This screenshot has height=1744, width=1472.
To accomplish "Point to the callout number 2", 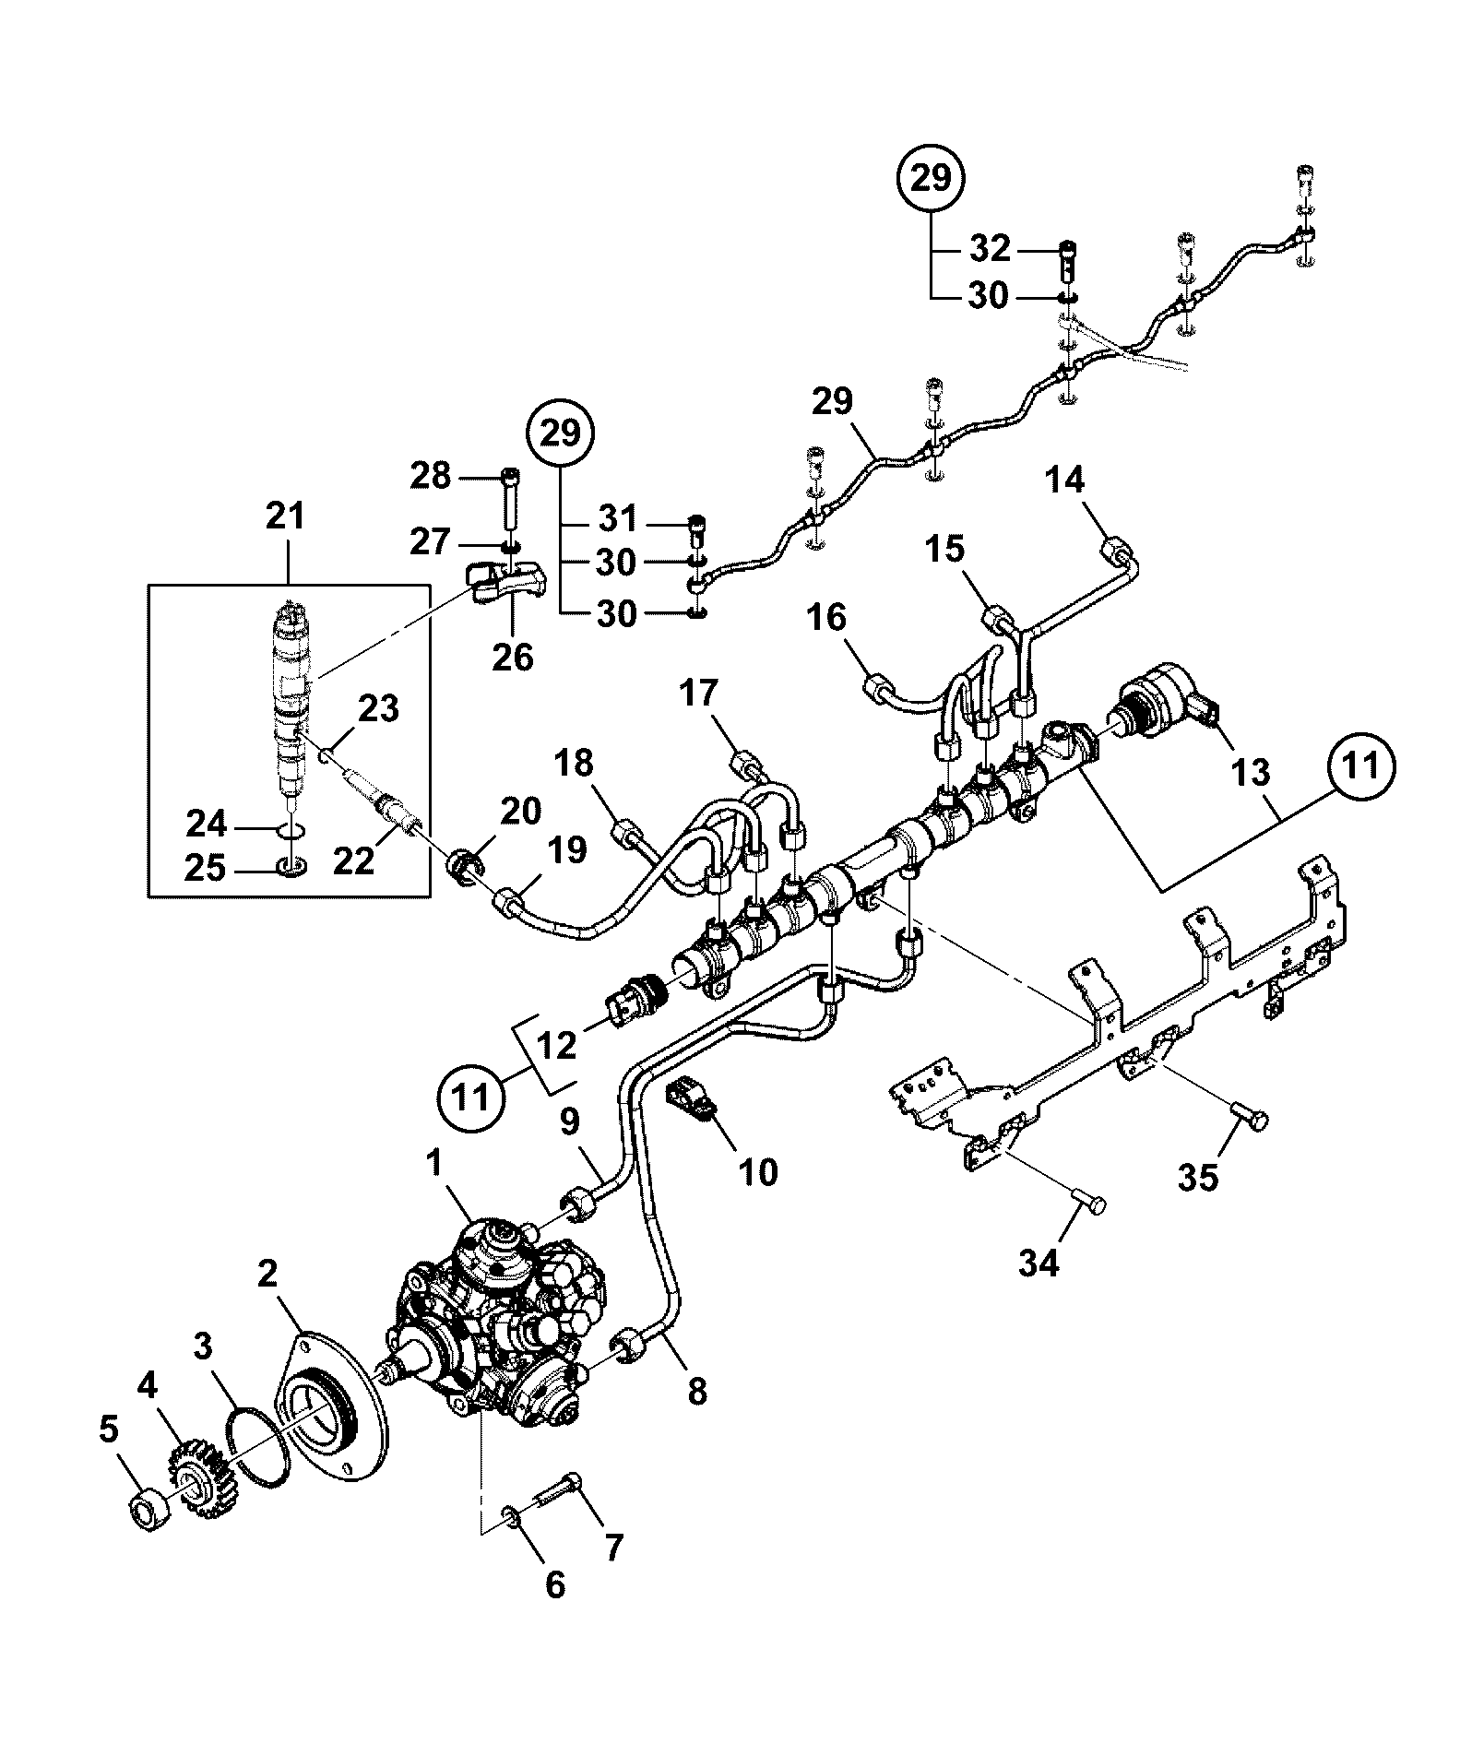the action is tap(267, 1275).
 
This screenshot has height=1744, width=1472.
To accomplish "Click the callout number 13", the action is tap(1251, 772).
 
